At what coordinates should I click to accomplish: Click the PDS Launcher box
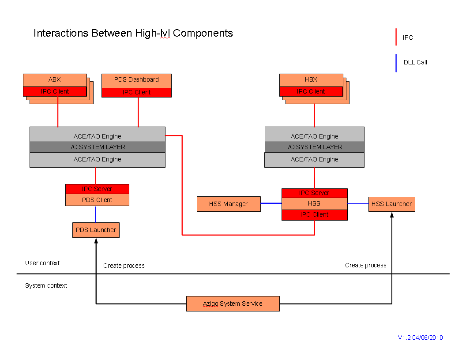pos(96,230)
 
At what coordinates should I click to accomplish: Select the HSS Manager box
pos(229,204)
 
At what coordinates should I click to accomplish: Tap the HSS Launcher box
pos(392,204)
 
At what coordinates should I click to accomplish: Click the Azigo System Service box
pos(233,304)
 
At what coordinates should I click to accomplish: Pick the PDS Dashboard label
pos(136,79)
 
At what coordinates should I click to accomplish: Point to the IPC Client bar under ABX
pos(55,91)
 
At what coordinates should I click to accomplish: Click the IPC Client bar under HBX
pos(311,91)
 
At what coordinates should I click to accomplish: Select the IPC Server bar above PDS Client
pos(97,189)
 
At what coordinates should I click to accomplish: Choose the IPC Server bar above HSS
pos(315,193)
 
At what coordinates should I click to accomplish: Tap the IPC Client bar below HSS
pos(315,215)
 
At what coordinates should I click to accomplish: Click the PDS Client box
pos(97,200)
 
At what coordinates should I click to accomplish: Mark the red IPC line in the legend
pos(396,37)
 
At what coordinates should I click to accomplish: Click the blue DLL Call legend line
pos(396,63)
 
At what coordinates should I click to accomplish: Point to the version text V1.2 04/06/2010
pos(420,337)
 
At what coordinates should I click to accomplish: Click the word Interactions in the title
pos(61,33)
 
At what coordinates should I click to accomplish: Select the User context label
pos(42,263)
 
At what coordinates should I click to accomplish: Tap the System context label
pos(46,285)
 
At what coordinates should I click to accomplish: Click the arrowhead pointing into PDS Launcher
pos(96,240)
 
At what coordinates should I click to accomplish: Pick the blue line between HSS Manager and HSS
pos(271,203)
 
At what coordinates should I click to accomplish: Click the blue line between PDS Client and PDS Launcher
pos(95,214)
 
